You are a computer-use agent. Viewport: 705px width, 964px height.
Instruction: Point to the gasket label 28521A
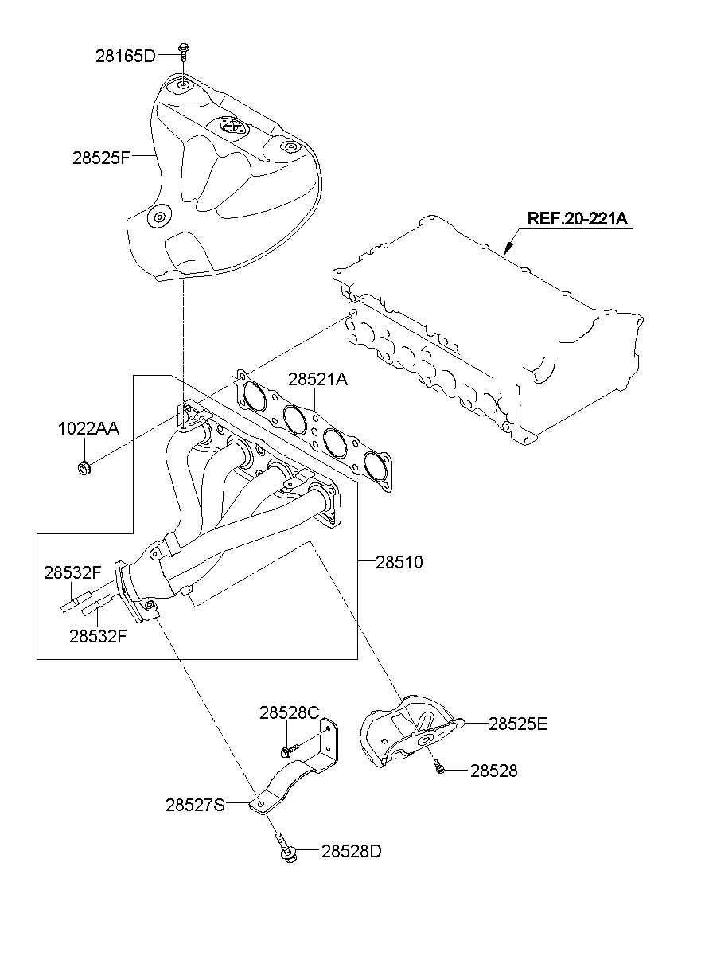[318, 380]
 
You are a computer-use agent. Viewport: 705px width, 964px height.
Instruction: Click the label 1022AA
[88, 429]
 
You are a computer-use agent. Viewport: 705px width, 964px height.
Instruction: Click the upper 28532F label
[72, 572]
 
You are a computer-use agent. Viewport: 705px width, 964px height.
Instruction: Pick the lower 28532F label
[97, 635]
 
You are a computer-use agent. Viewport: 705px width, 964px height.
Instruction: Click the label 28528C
[289, 712]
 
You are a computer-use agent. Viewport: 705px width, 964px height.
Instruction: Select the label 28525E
[518, 724]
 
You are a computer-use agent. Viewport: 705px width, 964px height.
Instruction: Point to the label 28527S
[195, 805]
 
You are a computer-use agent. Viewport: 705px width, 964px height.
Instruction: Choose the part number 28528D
[352, 851]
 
